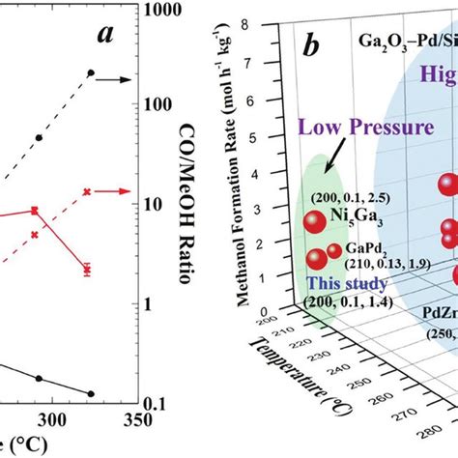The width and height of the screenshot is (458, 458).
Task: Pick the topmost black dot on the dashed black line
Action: click(x=91, y=73)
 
